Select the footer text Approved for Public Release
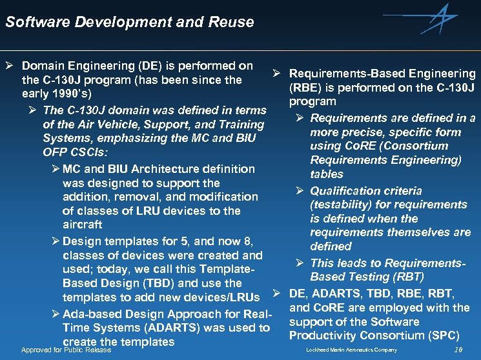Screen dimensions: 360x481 pyautogui.click(x=67, y=350)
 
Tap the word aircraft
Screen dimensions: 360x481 pyautogui.click(x=83, y=225)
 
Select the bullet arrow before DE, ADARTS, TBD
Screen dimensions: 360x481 pyautogui.click(x=276, y=294)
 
